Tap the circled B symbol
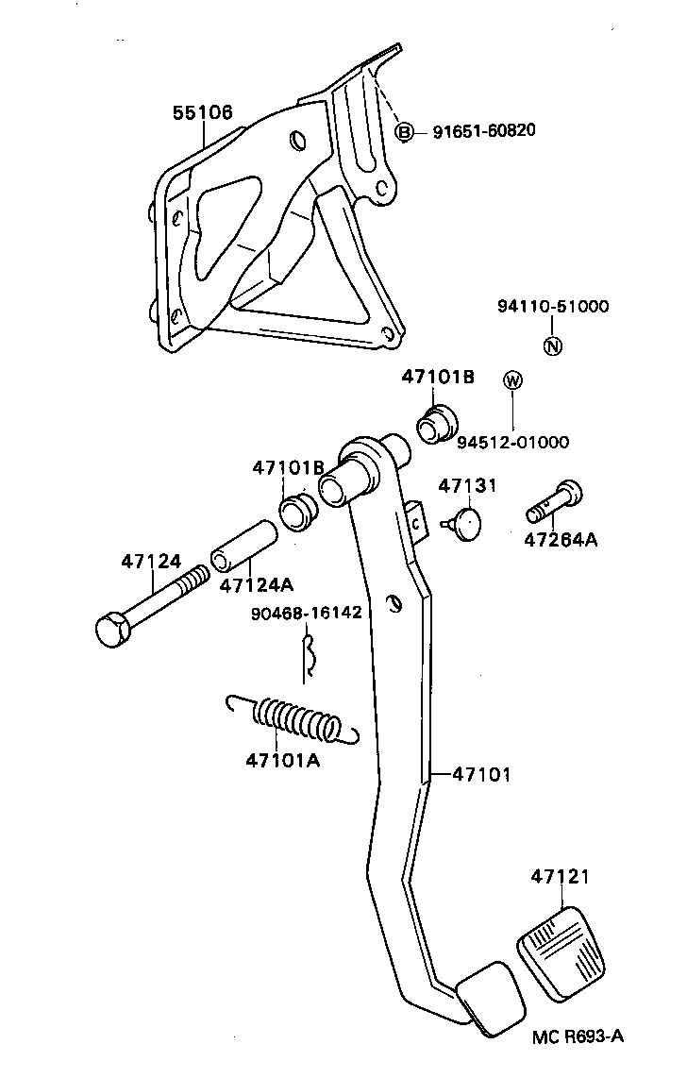point(404,132)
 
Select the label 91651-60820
point(484,130)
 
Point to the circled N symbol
point(554,345)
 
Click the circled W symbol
point(512,380)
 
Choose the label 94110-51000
point(553,307)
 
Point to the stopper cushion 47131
point(462,522)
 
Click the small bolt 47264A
point(556,502)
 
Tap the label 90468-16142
point(306,612)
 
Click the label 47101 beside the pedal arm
point(481,774)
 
